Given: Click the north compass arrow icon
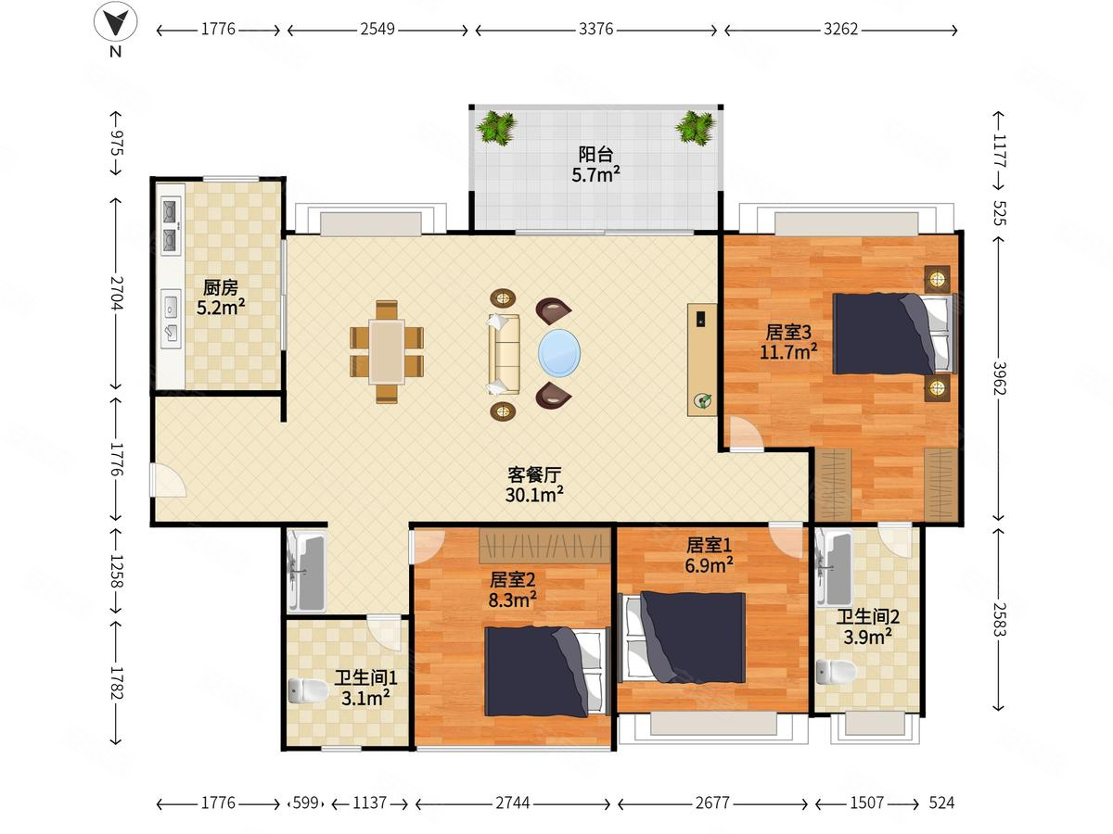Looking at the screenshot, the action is tap(115, 22).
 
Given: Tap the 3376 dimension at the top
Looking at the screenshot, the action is tap(595, 30).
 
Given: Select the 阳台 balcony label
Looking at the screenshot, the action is tap(595, 154).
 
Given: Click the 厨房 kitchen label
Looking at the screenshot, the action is tap(221, 287).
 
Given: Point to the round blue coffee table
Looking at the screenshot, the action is tap(559, 353).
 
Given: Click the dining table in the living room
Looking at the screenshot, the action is tap(387, 351).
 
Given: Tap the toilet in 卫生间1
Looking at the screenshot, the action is tap(308, 690).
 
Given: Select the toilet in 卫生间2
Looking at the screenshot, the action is tap(836, 672).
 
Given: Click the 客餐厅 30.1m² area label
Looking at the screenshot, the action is tap(534, 485).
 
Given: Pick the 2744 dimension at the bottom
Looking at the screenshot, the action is tap(512, 802).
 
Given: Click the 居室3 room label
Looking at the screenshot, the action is tap(788, 333).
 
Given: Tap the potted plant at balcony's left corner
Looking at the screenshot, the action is tap(496, 128).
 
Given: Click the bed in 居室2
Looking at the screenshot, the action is tap(546, 672).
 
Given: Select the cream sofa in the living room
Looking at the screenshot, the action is tap(504, 354).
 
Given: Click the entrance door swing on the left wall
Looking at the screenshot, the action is tap(168, 479).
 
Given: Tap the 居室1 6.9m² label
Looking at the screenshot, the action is tap(709, 555).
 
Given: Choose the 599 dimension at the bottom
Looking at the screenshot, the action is tap(306, 802).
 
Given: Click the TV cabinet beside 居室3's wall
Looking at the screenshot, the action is tap(702, 360).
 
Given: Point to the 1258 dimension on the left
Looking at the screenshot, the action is tap(117, 571).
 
